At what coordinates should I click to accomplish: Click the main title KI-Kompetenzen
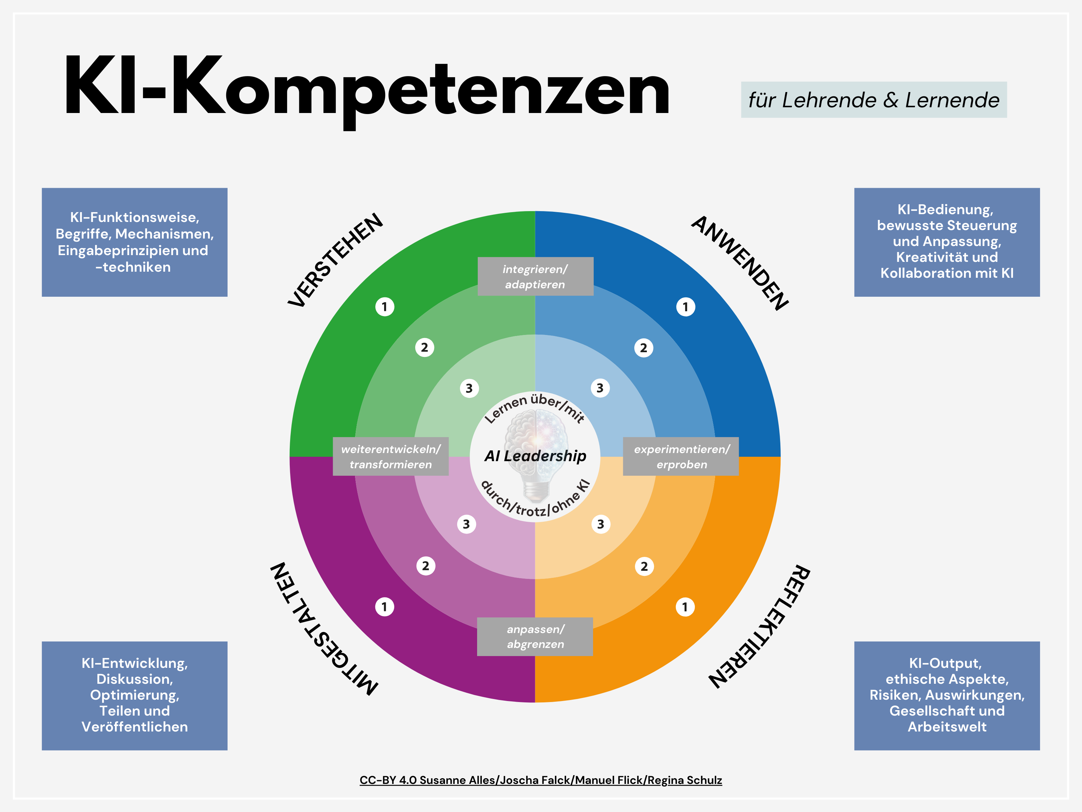367,88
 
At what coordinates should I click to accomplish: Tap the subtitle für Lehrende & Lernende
874,100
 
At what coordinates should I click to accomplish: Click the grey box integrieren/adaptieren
535,276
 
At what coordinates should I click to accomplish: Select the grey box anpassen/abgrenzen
535,636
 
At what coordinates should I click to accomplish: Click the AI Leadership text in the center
535,456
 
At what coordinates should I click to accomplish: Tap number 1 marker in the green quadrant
384,307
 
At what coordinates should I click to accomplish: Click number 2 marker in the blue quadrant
643,348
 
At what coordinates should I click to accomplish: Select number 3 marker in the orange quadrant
601,524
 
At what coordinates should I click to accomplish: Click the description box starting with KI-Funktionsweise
135,242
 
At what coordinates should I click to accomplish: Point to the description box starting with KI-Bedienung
947,242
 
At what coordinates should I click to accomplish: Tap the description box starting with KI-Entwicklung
135,696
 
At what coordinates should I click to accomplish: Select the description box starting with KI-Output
947,696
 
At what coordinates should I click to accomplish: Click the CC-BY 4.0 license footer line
541,780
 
